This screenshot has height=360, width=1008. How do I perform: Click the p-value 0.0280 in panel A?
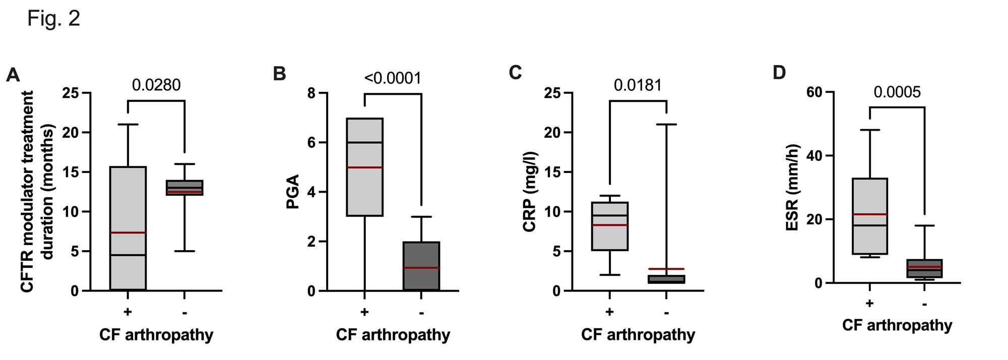click(156, 85)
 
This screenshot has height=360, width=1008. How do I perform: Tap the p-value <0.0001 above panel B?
click(393, 78)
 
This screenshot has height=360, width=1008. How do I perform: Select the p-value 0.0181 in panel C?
click(638, 85)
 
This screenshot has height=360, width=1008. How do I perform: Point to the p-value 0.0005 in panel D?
click(897, 92)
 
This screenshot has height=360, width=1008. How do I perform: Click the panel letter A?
click(13, 75)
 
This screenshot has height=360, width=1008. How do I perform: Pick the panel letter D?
click(779, 73)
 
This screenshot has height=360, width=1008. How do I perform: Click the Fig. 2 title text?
click(53, 19)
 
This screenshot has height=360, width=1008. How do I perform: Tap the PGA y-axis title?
click(293, 192)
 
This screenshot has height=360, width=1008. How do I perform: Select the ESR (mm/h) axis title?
click(792, 188)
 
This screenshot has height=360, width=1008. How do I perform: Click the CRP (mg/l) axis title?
click(529, 192)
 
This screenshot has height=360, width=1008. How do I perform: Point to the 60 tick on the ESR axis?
click(814, 92)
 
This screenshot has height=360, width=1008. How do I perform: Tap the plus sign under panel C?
click(609, 312)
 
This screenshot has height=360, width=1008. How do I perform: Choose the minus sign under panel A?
click(184, 313)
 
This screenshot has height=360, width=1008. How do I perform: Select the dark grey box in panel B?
click(421, 255)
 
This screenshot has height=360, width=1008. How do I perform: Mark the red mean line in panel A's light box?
click(128, 232)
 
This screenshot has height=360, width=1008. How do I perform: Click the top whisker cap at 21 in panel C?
click(666, 124)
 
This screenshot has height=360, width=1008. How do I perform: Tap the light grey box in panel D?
click(870, 197)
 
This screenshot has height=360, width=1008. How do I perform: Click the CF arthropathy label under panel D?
click(897, 325)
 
